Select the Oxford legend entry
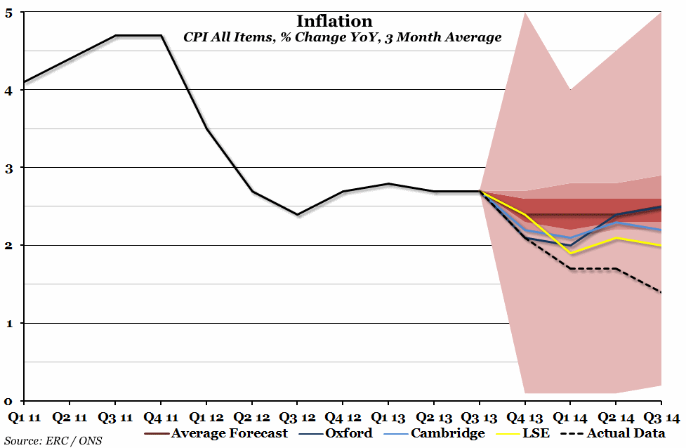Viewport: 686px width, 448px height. click(x=348, y=433)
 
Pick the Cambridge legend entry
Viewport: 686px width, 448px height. click(x=447, y=433)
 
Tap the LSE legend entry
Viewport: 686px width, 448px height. click(x=535, y=433)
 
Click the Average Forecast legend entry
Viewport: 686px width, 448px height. click(x=229, y=433)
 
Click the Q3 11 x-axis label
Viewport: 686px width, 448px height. click(x=115, y=418)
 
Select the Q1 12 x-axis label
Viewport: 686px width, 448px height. click(x=206, y=418)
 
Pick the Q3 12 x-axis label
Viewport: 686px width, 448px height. click(x=297, y=418)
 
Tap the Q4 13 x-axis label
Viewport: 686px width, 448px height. click(x=525, y=418)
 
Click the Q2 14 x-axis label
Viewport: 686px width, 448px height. click(x=616, y=418)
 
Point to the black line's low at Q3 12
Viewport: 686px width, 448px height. click(x=297, y=214)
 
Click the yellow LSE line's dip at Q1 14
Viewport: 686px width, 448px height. click(x=571, y=253)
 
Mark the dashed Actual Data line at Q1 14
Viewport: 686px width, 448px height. click(x=571, y=268)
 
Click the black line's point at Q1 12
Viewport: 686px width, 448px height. click(x=206, y=129)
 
